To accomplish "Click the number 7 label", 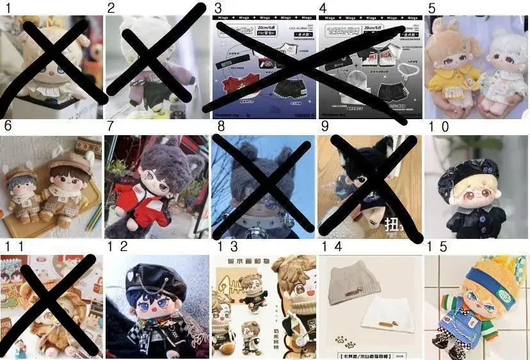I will click(x=110, y=127).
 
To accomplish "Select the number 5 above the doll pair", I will click(x=431, y=8).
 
